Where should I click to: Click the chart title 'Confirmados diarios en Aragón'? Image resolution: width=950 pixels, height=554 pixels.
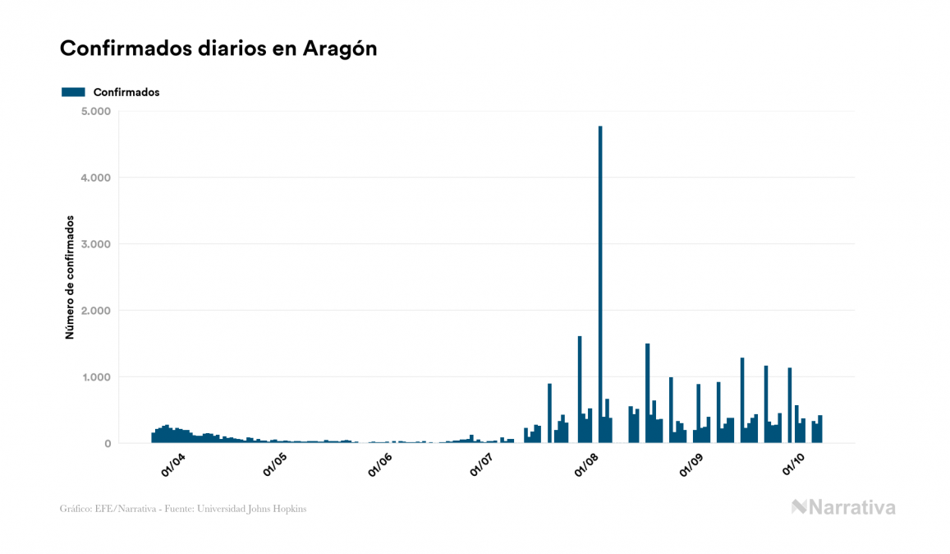[218, 48]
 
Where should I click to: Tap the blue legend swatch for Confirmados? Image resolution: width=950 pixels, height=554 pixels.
[73, 92]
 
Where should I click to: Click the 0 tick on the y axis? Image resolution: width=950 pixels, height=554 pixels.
[107, 444]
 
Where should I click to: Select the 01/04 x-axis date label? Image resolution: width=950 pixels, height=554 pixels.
[173, 465]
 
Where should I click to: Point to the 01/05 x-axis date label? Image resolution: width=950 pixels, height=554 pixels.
[275, 465]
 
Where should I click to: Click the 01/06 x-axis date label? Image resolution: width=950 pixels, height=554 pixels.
[379, 465]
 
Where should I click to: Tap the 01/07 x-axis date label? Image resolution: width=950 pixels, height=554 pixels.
[481, 465]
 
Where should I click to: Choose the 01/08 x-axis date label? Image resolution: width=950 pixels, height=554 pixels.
[586, 465]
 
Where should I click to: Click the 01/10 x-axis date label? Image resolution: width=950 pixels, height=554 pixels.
[792, 465]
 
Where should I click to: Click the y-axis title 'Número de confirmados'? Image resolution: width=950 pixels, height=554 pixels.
[70, 278]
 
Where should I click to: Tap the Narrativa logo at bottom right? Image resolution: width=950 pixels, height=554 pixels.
[843, 507]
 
